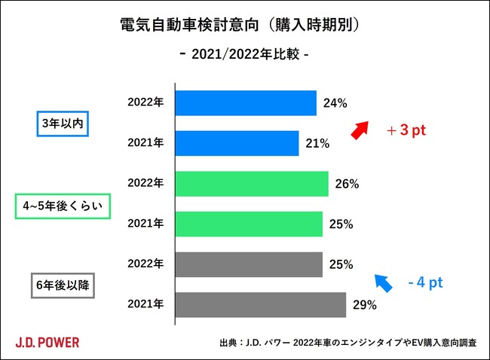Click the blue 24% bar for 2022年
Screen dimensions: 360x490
pos(245,102)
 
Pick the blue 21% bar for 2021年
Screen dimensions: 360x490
pos(237,143)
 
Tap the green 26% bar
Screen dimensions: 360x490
pos(251,184)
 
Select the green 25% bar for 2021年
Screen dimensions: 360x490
pos(248,224)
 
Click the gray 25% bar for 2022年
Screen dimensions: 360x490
pos(248,264)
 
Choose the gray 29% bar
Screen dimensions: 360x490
pos(260,305)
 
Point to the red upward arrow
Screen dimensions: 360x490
pos(361,130)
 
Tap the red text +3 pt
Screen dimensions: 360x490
pos(406,130)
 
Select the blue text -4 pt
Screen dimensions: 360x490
pos(424,283)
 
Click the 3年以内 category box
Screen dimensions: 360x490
pos(63,123)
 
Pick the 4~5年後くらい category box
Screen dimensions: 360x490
pos(63,205)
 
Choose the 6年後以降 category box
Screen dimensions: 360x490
pos(63,285)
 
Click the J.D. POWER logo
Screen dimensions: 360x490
pos(47,342)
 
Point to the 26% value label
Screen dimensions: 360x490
pos(347,184)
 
